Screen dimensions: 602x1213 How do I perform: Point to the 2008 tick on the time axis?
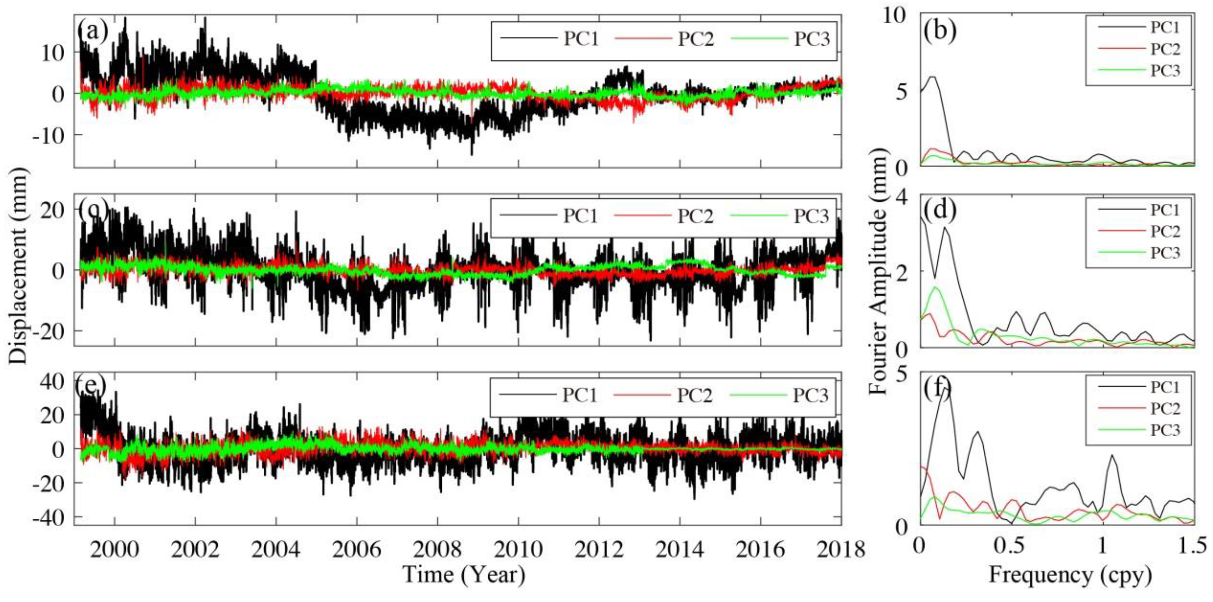click(438, 549)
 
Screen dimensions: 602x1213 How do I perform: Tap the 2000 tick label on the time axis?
click(114, 549)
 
